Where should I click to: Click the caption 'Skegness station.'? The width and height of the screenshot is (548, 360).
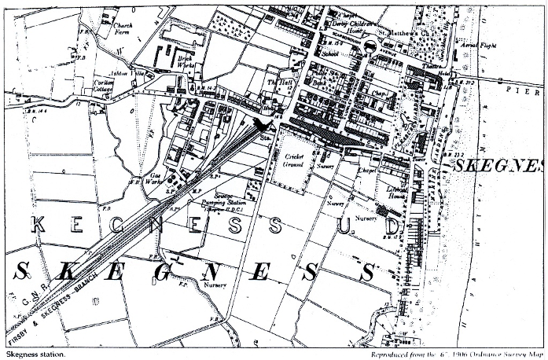pyautogui.click(x=36, y=354)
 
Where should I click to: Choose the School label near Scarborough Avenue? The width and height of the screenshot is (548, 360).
pyautogui.click(x=329, y=53)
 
